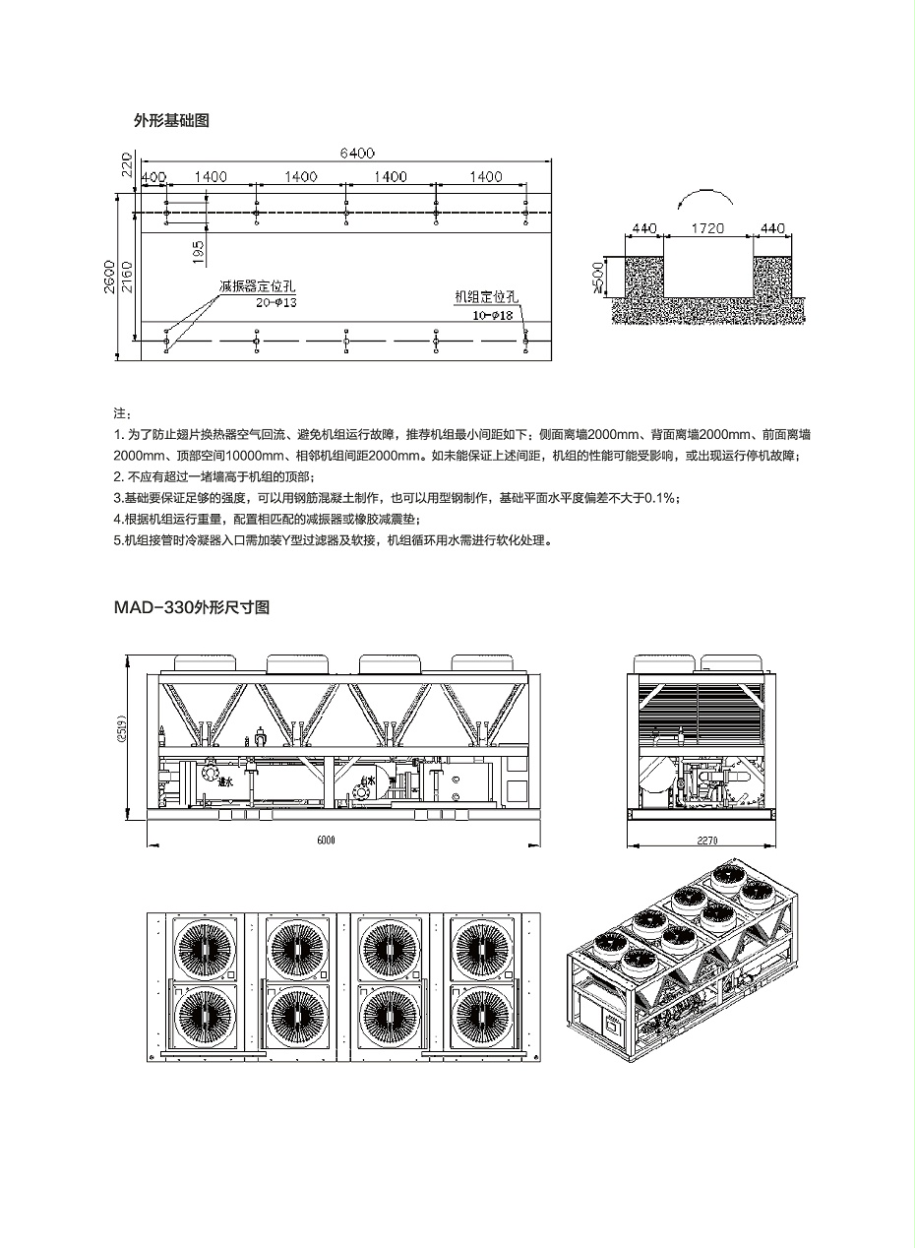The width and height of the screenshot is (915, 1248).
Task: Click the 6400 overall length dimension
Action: pyautogui.click(x=357, y=153)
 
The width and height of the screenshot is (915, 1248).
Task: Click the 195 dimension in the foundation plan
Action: pyautogui.click(x=199, y=252)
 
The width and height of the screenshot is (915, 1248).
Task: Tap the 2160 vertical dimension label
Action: pyautogui.click(x=129, y=280)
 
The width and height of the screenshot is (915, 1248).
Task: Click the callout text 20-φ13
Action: pyautogui.click(x=276, y=303)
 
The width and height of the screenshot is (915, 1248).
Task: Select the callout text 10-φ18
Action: pyautogui.click(x=493, y=315)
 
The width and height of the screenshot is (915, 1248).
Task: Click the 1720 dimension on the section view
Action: pyautogui.click(x=707, y=228)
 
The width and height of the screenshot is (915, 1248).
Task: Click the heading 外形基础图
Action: pyautogui.click(x=171, y=121)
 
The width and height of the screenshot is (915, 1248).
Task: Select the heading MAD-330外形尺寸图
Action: pyautogui.click(x=192, y=607)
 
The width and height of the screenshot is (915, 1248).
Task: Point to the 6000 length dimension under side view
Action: pyautogui.click(x=327, y=840)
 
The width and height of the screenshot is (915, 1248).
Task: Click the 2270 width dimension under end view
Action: pyautogui.click(x=702, y=840)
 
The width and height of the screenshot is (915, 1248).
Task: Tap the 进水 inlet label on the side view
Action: pyautogui.click(x=225, y=782)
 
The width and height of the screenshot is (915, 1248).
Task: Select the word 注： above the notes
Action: pyautogui.click(x=121, y=413)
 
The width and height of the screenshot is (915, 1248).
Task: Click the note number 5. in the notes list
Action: pyautogui.click(x=117, y=540)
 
